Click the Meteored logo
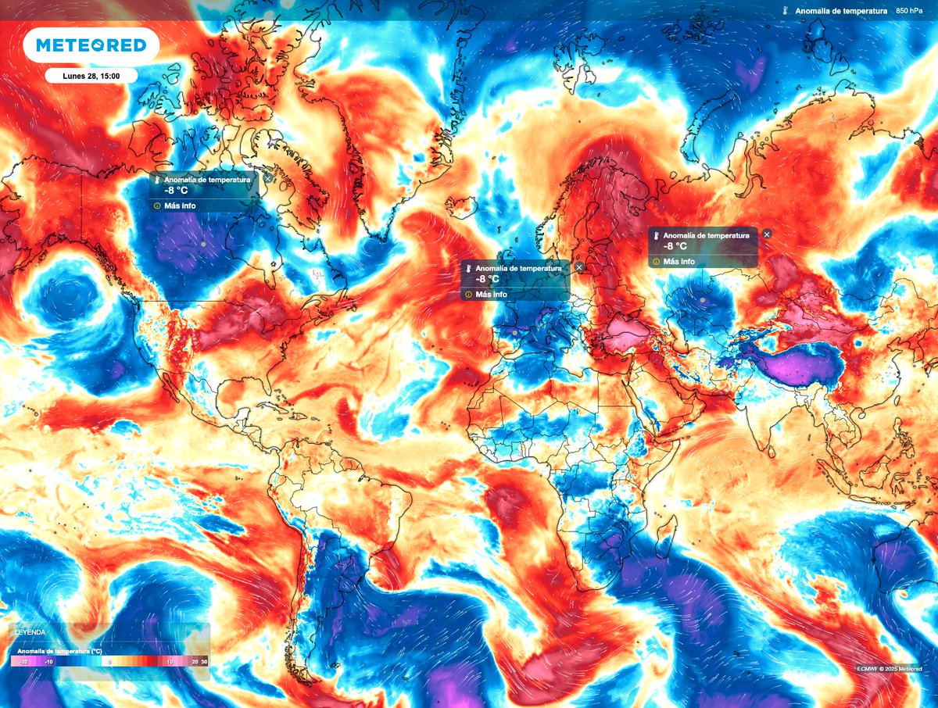(91, 45)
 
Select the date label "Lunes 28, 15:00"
(90, 76)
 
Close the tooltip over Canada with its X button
(268, 179)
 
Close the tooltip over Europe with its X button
(579, 267)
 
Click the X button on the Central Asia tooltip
(767, 234)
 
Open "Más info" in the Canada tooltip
(180, 206)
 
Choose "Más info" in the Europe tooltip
(491, 295)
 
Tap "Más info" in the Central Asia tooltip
(678, 261)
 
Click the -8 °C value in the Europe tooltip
(482, 279)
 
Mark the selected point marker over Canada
(203, 245)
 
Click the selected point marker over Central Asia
(703, 300)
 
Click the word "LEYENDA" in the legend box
(28, 631)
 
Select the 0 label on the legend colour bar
(110, 661)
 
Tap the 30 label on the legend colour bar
(205, 661)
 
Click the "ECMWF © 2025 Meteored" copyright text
(890, 667)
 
